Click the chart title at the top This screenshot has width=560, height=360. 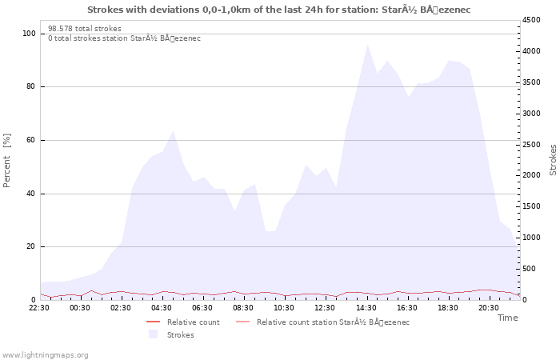click(x=278, y=10)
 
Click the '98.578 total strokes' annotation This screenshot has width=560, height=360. click(x=85, y=29)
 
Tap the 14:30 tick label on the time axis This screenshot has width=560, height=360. click(x=366, y=308)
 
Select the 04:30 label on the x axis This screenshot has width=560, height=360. click(x=161, y=308)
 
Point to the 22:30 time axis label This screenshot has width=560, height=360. click(x=39, y=308)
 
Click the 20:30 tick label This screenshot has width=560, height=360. click(x=489, y=308)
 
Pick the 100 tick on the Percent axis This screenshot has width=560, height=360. click(x=29, y=34)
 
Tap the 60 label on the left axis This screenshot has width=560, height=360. click(x=31, y=140)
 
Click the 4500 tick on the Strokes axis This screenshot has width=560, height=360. click(x=531, y=20)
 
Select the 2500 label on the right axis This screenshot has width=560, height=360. click(x=531, y=145)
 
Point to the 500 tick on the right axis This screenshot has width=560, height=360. click(x=529, y=269)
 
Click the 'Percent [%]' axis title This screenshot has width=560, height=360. click(x=6, y=160)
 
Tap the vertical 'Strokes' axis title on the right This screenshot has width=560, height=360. click(x=553, y=160)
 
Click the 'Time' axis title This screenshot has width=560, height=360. click(x=507, y=318)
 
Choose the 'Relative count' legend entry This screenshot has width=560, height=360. click(x=183, y=322)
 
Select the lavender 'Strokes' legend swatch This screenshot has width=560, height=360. click(x=154, y=334)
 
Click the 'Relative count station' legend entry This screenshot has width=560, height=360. click(x=323, y=322)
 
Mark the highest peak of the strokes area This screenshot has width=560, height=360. click(x=367, y=45)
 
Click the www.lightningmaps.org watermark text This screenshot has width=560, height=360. click(x=45, y=355)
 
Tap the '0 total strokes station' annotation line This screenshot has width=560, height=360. click(x=124, y=38)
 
